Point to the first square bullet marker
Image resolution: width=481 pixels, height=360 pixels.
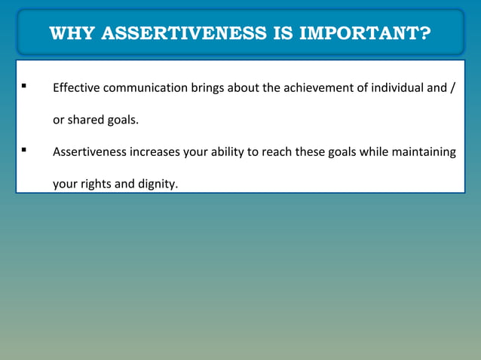[x=25, y=87]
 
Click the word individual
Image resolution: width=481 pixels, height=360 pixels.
[x=393, y=89]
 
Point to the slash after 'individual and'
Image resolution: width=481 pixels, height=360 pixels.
[x=452, y=89]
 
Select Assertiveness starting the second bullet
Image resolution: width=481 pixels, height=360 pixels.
[x=90, y=152]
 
